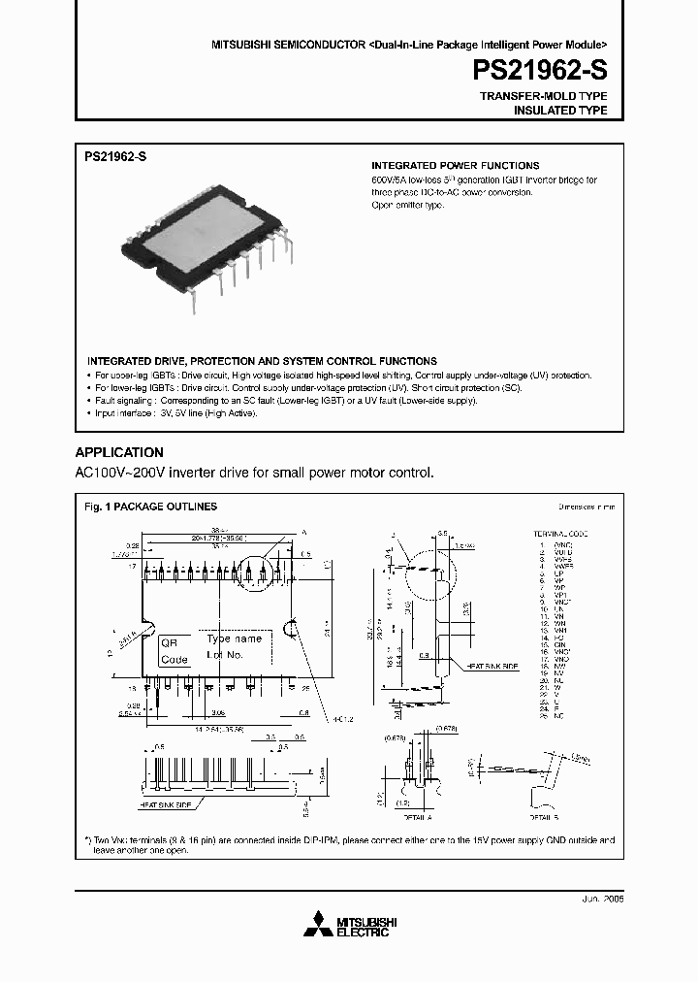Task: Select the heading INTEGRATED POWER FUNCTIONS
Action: [x=456, y=166]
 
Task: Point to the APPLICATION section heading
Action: [x=119, y=452]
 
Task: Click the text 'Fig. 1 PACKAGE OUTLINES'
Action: [x=150, y=507]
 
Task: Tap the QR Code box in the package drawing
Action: [x=174, y=651]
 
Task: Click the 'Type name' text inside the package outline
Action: [x=235, y=639]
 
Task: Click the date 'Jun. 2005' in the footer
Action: [x=600, y=900]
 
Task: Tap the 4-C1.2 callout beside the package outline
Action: [x=315, y=719]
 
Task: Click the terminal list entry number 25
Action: [x=545, y=717]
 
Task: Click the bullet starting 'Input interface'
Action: [x=174, y=412]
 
